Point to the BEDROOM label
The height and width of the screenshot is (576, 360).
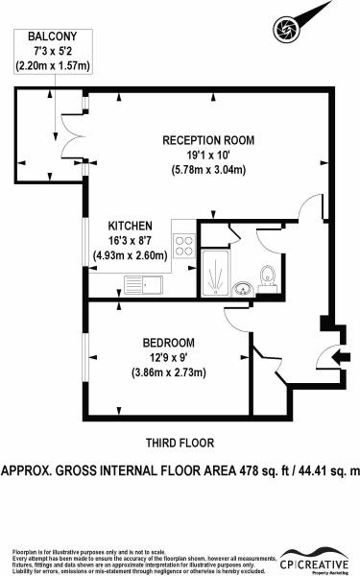168,343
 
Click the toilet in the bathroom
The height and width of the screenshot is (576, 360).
272,277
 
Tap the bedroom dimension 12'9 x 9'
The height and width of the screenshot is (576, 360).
168,358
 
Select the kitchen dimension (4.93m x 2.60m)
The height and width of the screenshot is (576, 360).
131,254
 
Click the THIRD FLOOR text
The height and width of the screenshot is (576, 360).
179,443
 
